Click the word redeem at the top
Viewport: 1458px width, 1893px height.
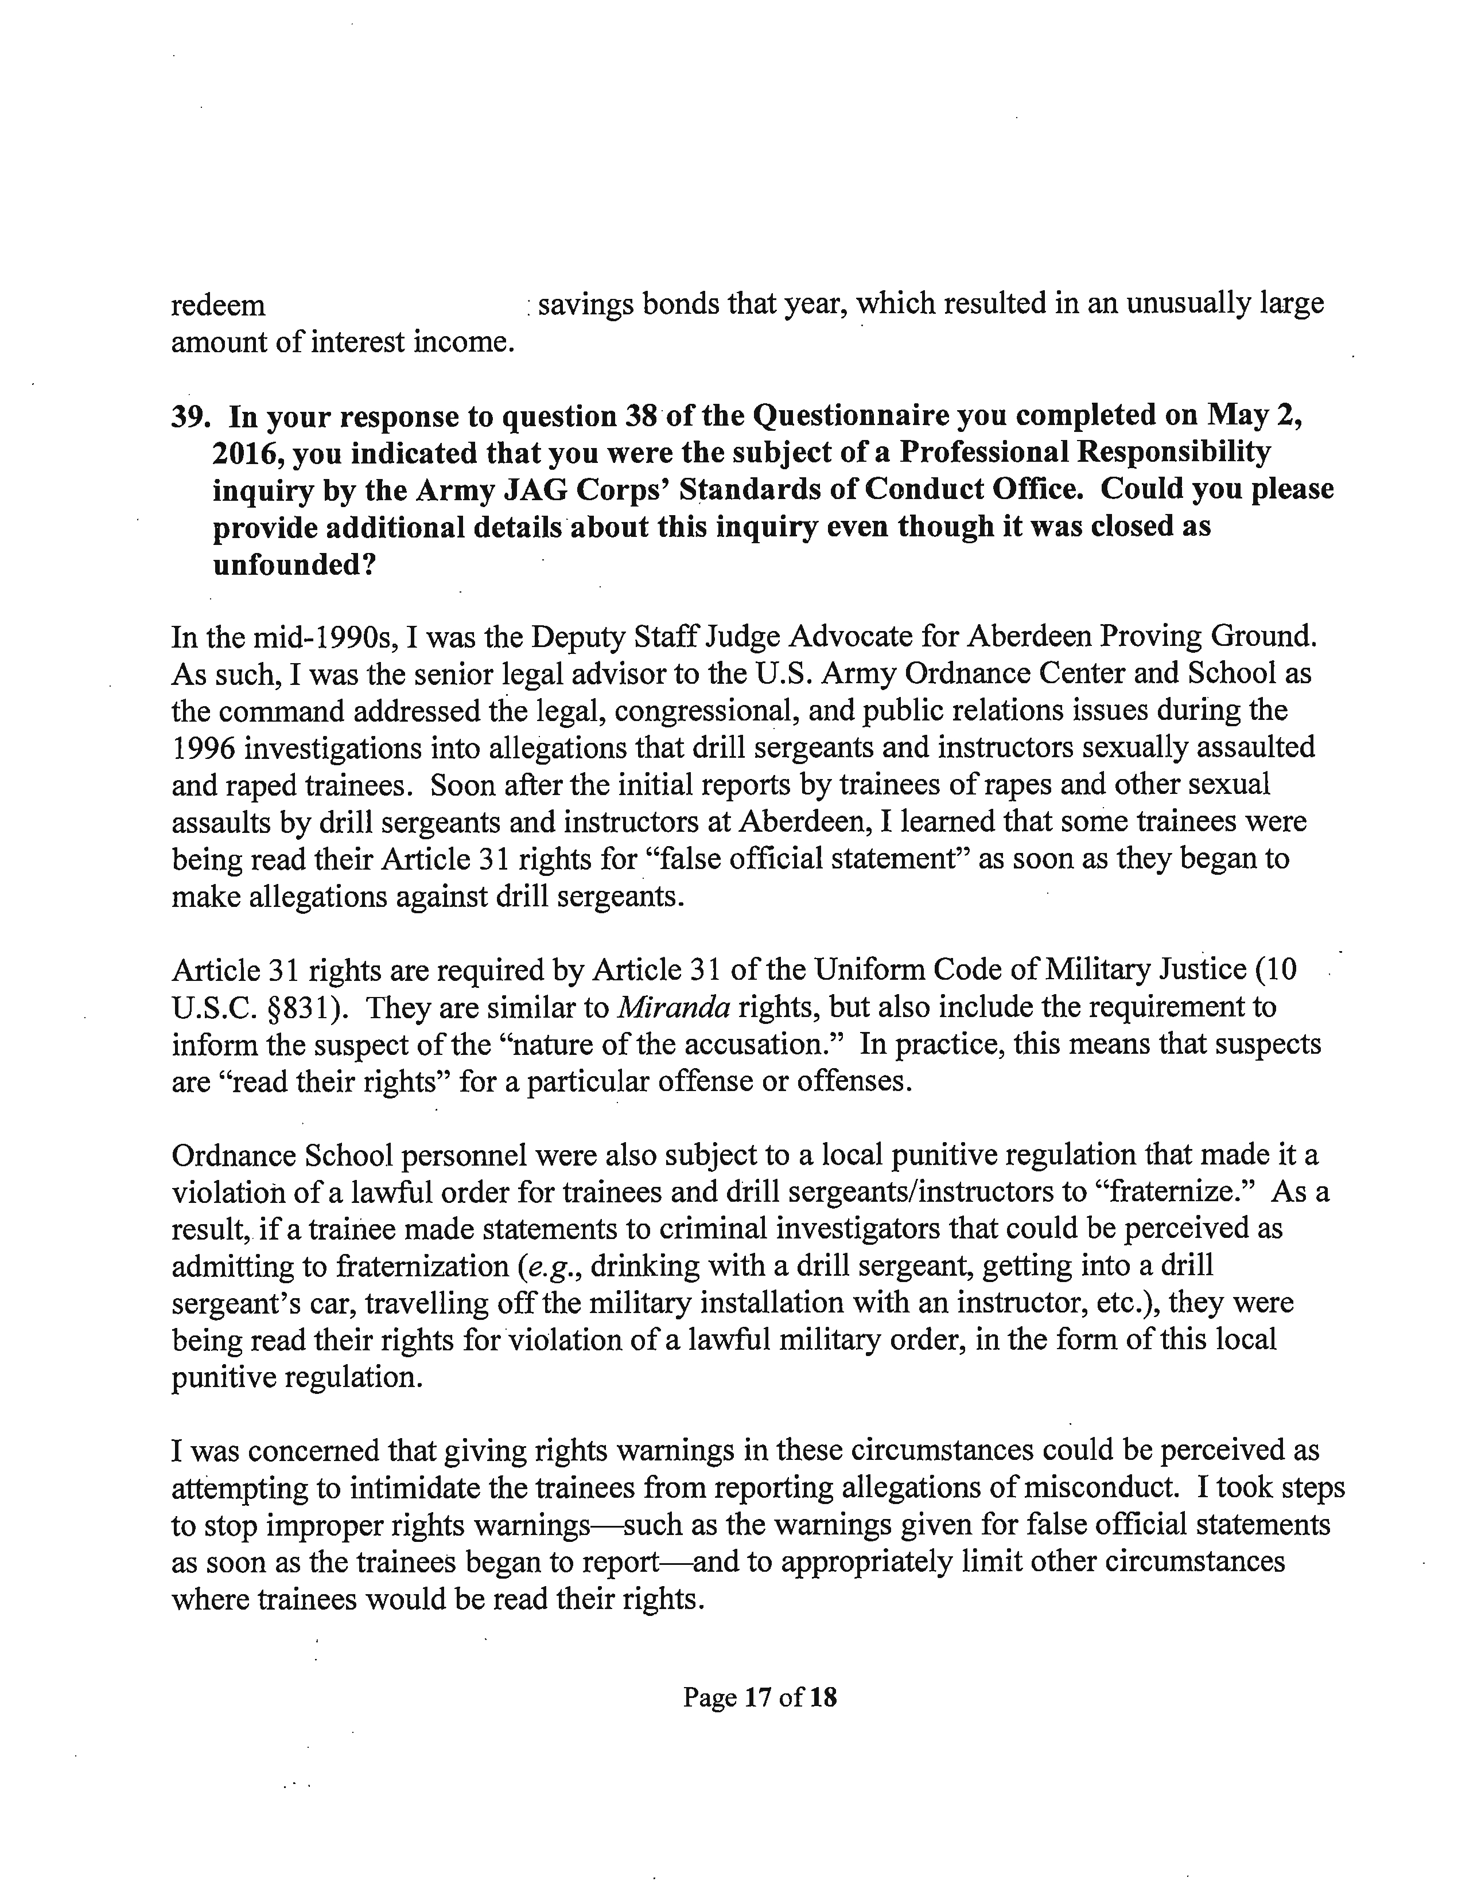(x=219, y=305)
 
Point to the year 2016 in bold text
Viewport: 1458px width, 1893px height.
(x=246, y=453)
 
